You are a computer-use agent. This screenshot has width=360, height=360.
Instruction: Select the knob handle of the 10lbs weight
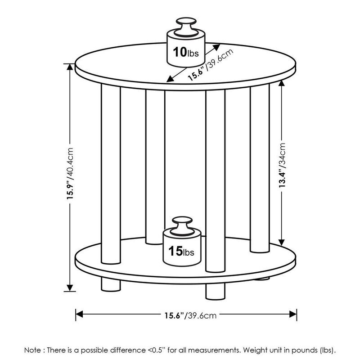click(x=185, y=25)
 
